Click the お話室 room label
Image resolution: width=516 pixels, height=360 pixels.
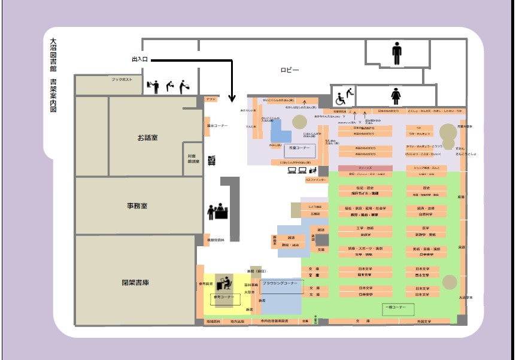147,138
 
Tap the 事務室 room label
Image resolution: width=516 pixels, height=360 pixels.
137,206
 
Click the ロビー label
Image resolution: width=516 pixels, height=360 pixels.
290,70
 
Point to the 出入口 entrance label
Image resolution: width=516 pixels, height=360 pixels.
139,60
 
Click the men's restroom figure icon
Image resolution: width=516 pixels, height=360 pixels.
397,53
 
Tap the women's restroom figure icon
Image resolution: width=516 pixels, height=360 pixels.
396,95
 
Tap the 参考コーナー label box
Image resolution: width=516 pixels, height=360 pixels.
221,297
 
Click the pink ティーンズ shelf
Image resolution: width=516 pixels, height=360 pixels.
365,168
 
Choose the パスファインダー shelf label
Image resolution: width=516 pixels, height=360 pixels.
316,180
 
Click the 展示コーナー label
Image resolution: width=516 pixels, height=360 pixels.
217,126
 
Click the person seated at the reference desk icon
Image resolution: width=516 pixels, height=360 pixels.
225,282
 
